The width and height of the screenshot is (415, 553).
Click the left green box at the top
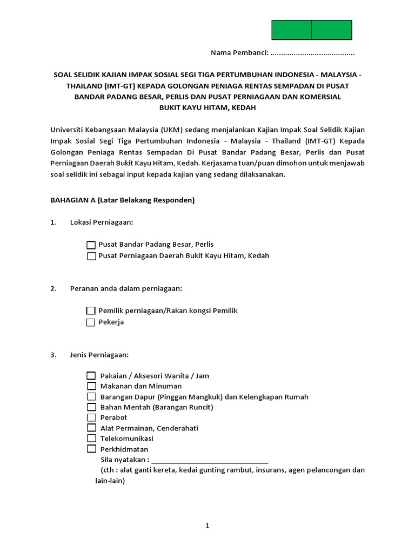[291, 30]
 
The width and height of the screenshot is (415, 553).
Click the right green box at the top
[332, 30]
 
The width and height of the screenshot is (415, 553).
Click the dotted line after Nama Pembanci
[312, 53]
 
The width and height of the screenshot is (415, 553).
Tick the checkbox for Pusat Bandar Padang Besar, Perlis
[91, 245]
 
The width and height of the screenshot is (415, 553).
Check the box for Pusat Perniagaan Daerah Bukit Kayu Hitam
[91, 256]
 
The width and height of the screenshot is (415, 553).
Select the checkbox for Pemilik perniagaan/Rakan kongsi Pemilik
[91, 311]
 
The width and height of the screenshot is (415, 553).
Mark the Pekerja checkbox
[91, 322]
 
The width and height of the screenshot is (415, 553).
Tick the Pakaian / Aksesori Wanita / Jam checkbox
[91, 376]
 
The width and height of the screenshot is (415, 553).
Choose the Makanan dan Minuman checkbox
[91, 386]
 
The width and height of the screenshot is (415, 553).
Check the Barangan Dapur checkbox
[91, 397]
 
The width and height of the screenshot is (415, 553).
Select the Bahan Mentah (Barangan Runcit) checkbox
[91, 407]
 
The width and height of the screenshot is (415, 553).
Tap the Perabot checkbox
[91, 417]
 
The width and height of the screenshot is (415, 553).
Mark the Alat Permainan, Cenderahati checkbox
[91, 428]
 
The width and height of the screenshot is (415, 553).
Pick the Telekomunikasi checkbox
[91, 439]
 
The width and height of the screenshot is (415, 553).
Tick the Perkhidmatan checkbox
[91, 449]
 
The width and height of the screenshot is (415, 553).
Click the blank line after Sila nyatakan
[210, 460]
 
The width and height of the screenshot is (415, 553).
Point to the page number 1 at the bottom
[207, 526]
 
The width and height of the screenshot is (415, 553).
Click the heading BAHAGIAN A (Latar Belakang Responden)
[122, 200]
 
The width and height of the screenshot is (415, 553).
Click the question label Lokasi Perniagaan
[102, 222]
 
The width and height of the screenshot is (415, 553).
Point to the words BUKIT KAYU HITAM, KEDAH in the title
[207, 107]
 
